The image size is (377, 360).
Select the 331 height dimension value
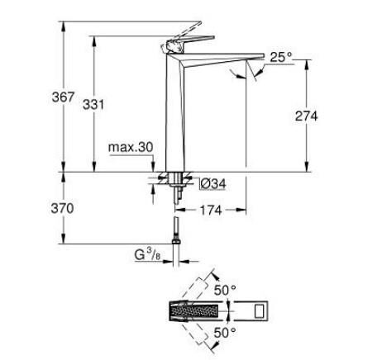95,106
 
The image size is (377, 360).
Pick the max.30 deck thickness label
131,147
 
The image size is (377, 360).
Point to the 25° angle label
282,56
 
